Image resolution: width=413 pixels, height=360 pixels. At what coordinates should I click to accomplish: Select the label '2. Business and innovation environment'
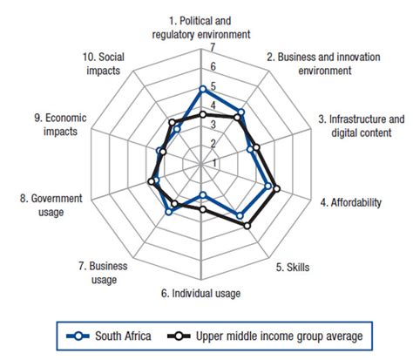pos(324,64)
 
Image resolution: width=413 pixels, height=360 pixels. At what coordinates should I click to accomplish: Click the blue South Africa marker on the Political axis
pos(202,88)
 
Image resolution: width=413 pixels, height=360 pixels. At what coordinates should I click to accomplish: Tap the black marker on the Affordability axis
pos(277,188)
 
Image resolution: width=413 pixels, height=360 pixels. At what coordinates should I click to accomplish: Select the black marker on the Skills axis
pos(247,226)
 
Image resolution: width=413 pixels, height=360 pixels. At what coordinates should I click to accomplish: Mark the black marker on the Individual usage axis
pos(202,210)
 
